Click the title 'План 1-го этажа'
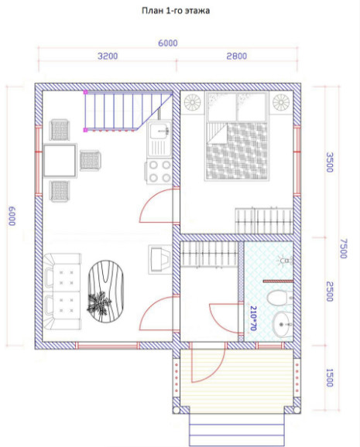(176, 11)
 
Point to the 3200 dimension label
(108, 56)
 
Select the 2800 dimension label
(236, 56)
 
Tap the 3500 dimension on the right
(330, 162)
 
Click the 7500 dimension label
(343, 248)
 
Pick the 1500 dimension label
(330, 377)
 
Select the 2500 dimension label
(330, 292)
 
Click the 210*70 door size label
(253, 318)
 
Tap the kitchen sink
(159, 139)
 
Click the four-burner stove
(159, 172)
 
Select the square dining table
(60, 161)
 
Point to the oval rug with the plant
(105, 292)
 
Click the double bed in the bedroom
(237, 136)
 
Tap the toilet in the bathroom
(280, 298)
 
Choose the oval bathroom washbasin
(283, 324)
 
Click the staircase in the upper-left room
(129, 111)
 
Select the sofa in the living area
(62, 292)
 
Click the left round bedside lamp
(193, 102)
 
